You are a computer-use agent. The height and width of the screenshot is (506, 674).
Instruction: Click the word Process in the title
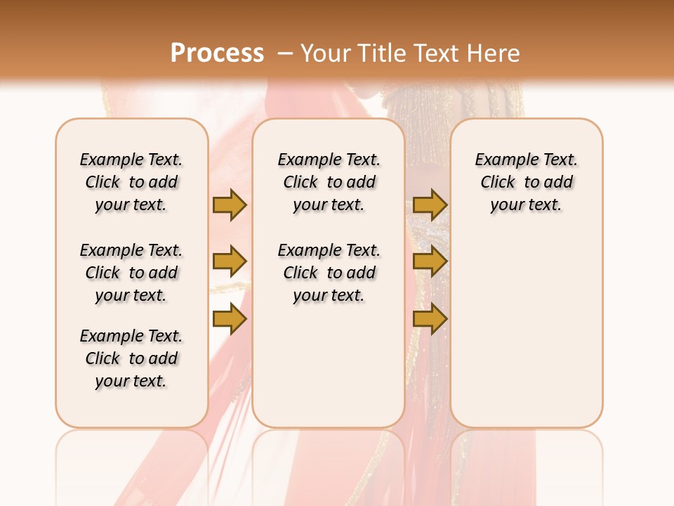click(x=217, y=53)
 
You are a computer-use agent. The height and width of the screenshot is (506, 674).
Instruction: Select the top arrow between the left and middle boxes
click(x=230, y=205)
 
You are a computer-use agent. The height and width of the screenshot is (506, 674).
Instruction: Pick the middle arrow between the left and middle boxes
click(x=230, y=261)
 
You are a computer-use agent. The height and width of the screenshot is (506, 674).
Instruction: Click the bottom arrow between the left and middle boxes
click(x=230, y=319)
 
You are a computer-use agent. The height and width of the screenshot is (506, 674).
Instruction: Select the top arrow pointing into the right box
click(x=430, y=205)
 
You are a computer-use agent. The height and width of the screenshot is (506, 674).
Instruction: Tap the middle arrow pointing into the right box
click(x=430, y=261)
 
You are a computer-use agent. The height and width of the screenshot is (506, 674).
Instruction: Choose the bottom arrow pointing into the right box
click(x=430, y=319)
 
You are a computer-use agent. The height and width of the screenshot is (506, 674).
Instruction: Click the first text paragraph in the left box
click(x=131, y=182)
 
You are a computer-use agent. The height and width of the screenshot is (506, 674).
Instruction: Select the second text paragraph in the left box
click(x=131, y=273)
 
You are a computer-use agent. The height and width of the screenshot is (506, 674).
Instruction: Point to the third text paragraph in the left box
click(x=131, y=358)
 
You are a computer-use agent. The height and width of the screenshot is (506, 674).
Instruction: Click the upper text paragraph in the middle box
click(x=329, y=182)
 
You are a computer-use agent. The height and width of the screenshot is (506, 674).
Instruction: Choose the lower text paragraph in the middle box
click(x=329, y=273)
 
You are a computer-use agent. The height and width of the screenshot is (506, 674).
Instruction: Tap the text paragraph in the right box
click(x=526, y=182)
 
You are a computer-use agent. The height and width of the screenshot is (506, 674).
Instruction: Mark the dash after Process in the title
click(x=284, y=53)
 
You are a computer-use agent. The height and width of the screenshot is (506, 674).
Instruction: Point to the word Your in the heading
click(x=325, y=53)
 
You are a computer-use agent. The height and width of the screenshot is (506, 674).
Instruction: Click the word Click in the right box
click(x=498, y=183)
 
